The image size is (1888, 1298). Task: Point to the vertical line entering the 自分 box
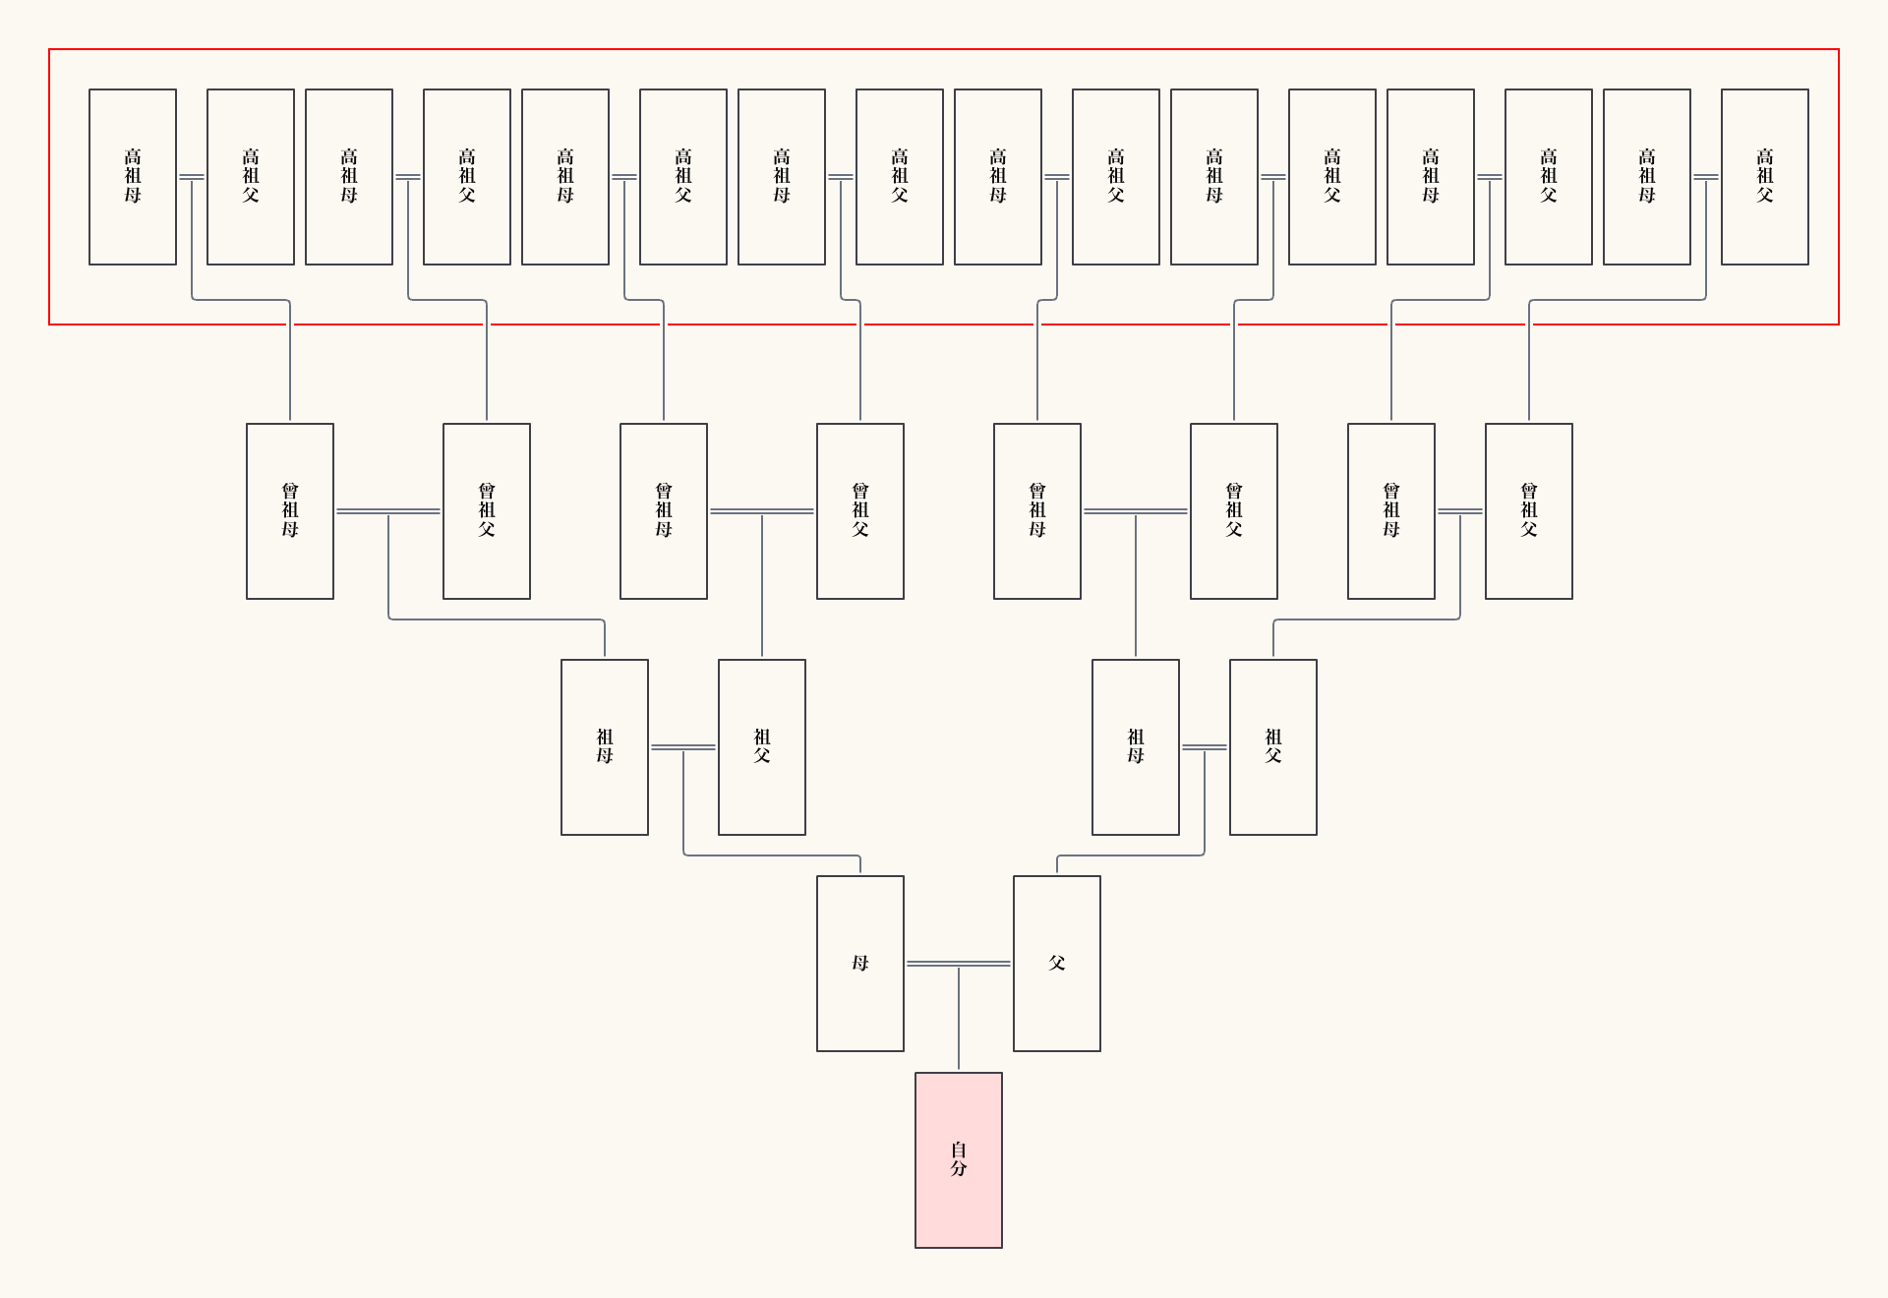coord(959,1023)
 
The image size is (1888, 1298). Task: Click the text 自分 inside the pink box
coord(958,1158)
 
